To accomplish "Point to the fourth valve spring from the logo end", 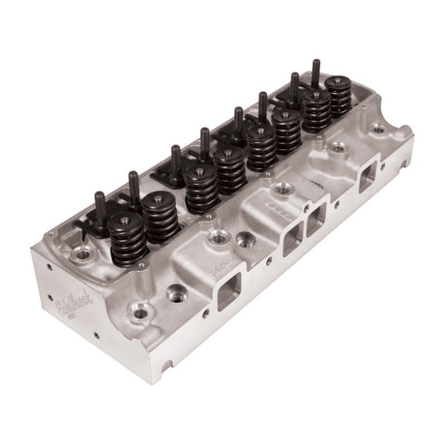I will (230, 168).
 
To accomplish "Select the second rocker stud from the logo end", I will (133, 184).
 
